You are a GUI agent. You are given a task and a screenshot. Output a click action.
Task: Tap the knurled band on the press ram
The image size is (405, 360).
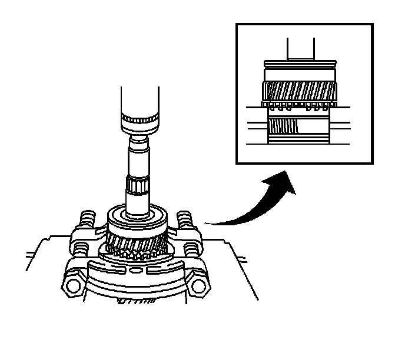140,122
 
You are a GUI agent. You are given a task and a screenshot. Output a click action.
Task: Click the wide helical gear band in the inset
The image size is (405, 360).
299,92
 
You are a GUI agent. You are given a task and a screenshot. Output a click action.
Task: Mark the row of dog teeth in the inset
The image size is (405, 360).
299,108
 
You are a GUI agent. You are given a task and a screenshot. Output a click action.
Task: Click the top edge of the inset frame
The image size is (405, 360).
304,25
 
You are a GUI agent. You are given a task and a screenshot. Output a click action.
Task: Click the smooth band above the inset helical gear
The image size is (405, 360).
299,75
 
